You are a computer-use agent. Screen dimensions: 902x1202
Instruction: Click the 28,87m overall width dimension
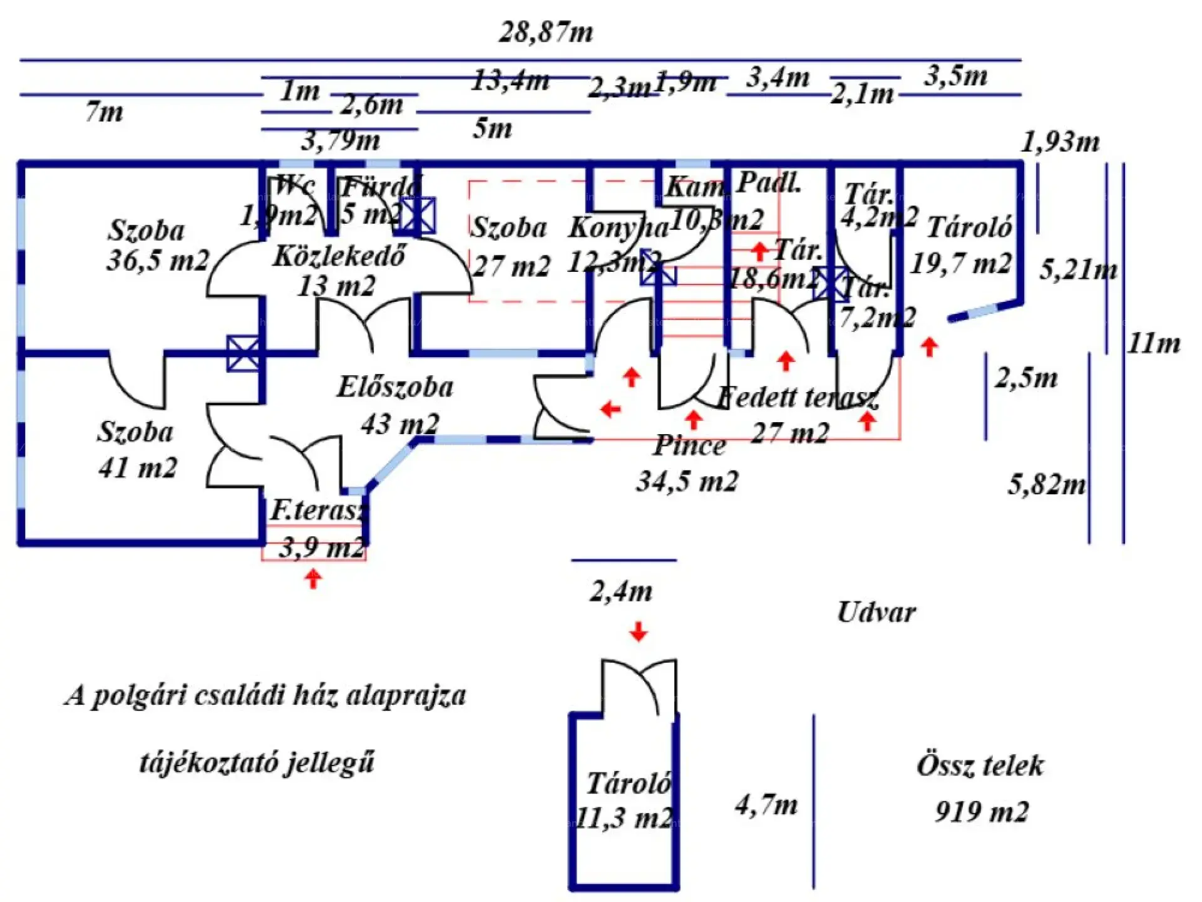[x=546, y=33]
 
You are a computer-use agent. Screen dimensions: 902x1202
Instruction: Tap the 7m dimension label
[x=105, y=112]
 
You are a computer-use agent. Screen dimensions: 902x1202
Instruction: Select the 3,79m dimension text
[x=341, y=140]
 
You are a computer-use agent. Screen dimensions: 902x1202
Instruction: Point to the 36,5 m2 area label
[x=157, y=260]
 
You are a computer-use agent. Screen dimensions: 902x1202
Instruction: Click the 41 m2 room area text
[x=138, y=467]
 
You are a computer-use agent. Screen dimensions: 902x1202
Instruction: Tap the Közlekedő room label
[x=339, y=256]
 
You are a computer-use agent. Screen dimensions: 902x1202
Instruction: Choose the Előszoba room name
[x=395, y=387]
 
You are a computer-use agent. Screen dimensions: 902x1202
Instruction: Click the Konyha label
[x=618, y=228]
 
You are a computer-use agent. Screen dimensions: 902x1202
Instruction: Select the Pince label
[x=689, y=446]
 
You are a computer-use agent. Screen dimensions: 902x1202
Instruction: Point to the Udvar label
[x=876, y=613]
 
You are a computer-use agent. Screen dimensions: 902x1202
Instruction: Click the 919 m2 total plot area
[x=982, y=812]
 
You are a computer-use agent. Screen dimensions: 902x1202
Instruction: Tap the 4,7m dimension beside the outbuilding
[x=766, y=805]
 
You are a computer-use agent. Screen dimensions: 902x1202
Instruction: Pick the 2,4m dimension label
[x=621, y=591]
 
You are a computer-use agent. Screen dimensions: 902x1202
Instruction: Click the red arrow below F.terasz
[x=313, y=578]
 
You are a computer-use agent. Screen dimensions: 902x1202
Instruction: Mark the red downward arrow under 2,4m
[x=639, y=631]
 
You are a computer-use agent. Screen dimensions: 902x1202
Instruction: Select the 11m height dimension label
[x=1154, y=343]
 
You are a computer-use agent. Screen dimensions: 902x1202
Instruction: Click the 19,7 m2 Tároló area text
[x=960, y=263]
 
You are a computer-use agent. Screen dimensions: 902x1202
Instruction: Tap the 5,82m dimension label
[x=1047, y=485]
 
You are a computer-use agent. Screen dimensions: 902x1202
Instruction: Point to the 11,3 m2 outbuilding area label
[x=624, y=818]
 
